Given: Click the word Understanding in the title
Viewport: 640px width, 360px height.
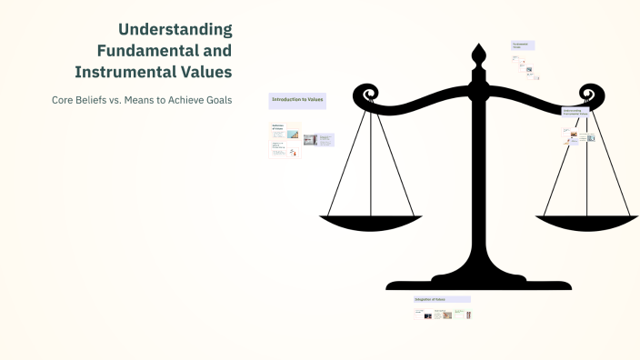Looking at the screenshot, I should [175, 30].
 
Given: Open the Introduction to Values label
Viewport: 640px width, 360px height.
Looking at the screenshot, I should [297, 99].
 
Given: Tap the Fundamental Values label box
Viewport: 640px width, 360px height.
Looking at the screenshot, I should [523, 45].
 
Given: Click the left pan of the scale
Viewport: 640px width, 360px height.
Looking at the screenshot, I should [370, 222].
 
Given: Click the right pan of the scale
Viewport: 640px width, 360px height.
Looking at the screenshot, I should [587, 221].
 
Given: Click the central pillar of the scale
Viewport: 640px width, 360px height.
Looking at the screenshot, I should [478, 182].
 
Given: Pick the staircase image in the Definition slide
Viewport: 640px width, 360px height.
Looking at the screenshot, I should [310, 140].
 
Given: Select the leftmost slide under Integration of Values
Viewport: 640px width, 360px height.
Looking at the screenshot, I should [421, 314].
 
